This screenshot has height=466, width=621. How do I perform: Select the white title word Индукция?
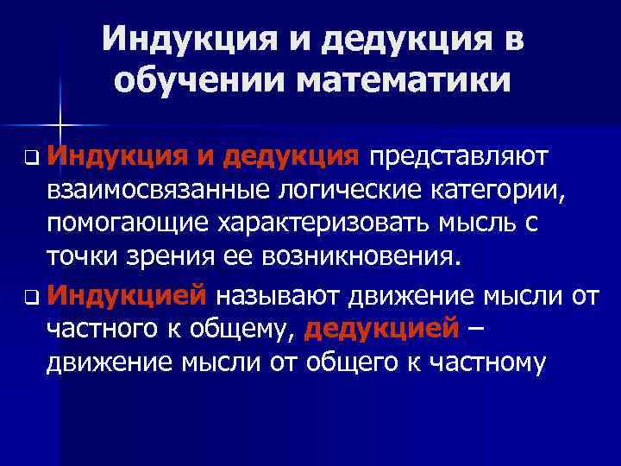182,39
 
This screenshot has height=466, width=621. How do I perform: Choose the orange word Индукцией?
127,297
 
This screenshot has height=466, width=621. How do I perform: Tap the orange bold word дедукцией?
380,330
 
